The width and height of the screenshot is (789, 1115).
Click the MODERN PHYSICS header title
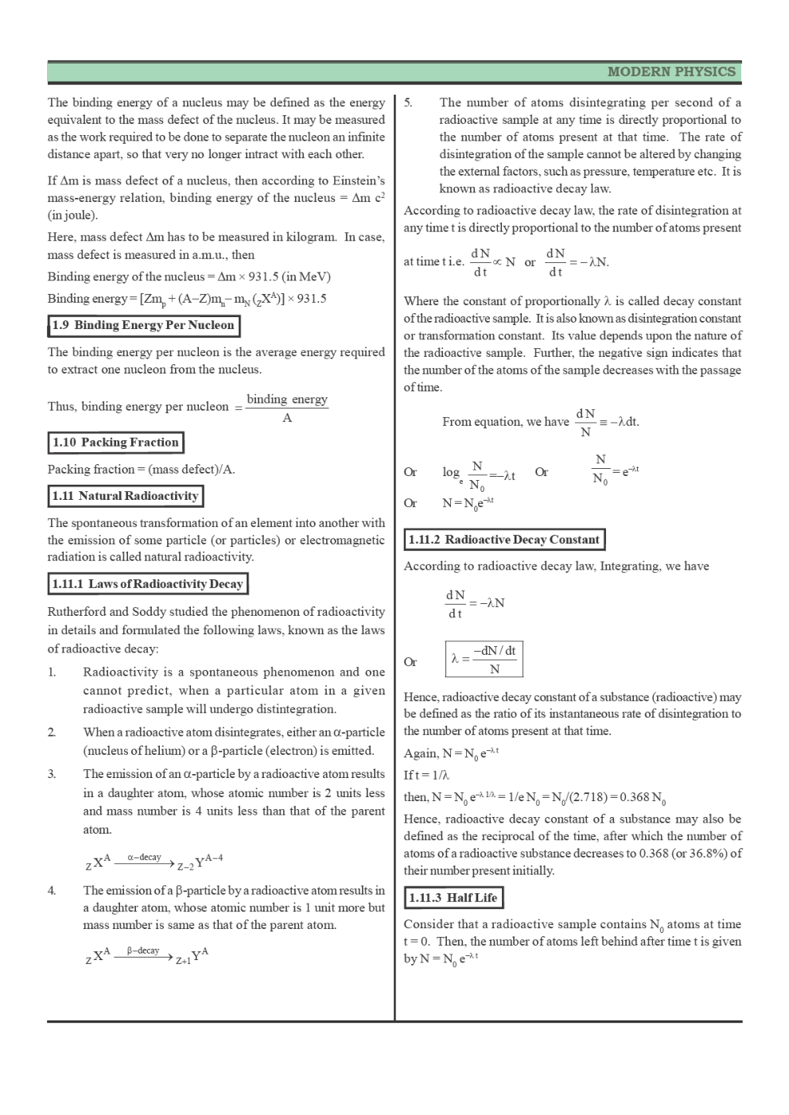pyautogui.click(x=670, y=72)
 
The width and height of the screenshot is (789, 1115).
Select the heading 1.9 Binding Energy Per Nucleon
pyautogui.click(x=143, y=325)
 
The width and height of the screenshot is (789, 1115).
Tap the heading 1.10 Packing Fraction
pyautogui.click(x=115, y=443)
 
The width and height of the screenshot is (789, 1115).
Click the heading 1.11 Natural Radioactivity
pyautogui.click(x=125, y=496)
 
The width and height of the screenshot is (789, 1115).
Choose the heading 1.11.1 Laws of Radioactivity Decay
pyautogui.click(x=147, y=584)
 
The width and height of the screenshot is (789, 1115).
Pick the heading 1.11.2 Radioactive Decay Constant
pyautogui.click(x=503, y=540)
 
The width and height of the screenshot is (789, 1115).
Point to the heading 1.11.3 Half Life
pyautogui.click(x=453, y=898)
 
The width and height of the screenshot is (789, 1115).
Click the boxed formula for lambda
pyautogui.click(x=484, y=660)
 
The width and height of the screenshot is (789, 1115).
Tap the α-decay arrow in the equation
pyautogui.click(x=143, y=861)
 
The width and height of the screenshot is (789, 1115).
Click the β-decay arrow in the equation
pyautogui.click(x=143, y=954)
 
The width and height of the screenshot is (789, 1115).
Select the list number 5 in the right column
pyautogui.click(x=408, y=103)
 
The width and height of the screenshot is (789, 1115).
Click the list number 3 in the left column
pyautogui.click(x=52, y=774)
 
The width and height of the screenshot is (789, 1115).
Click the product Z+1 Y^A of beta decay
pyautogui.click(x=192, y=956)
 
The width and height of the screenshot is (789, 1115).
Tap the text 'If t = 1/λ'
pyautogui.click(x=426, y=775)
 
